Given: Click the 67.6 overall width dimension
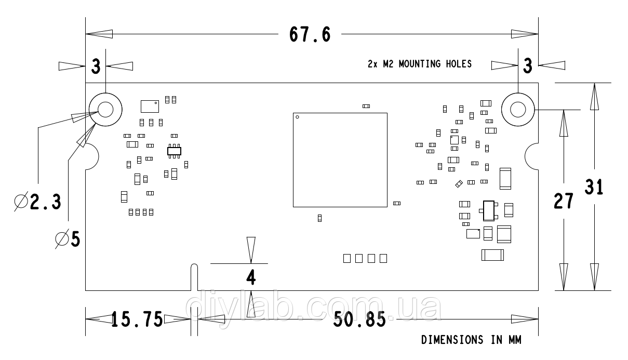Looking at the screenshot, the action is coord(310,34).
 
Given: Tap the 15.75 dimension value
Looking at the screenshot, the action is coord(137,319).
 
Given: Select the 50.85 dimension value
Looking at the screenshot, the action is coord(359,319).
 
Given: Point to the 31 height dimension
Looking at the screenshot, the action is coord(594,186).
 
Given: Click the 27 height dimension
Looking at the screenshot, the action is coord(564,201).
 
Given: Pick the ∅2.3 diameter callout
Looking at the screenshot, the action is coord(37,202).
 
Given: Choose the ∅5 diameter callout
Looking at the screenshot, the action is coord(68,239).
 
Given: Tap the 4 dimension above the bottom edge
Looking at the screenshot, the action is coord(251,277).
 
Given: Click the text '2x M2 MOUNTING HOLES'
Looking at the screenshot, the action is coord(420,64).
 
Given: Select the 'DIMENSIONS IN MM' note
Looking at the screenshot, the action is coord(471,340).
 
